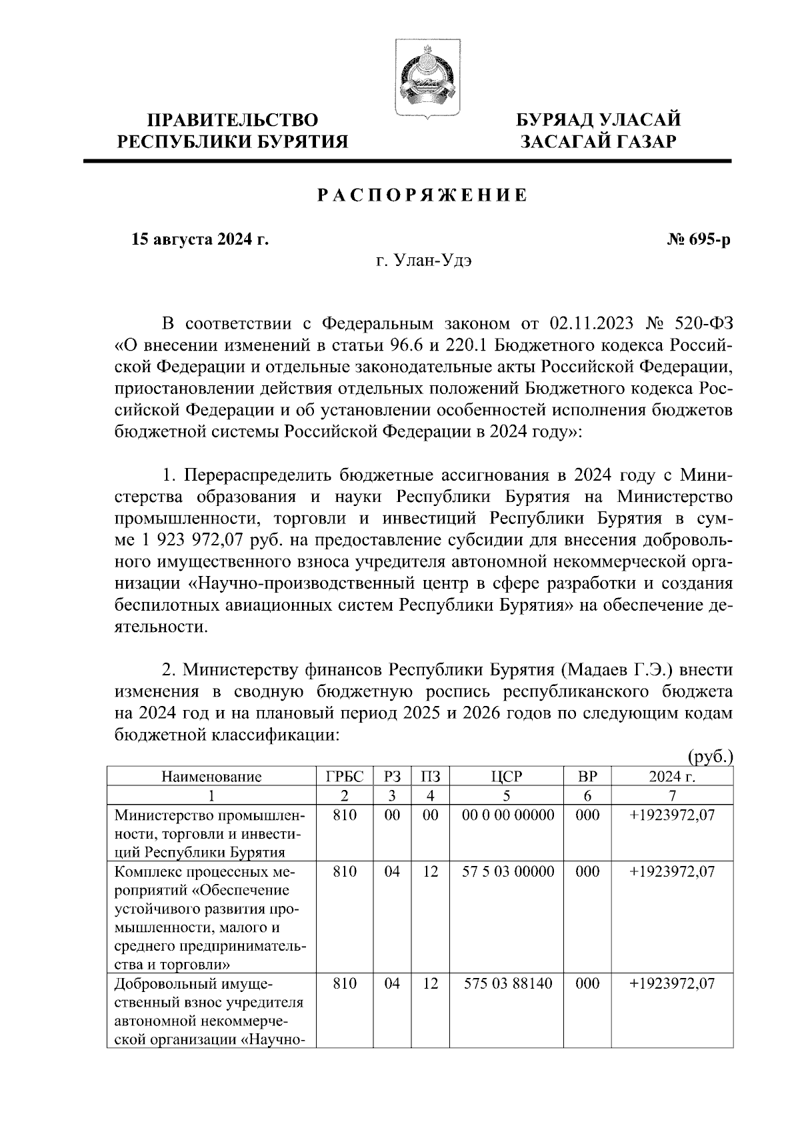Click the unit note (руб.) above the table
[710, 757]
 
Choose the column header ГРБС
[345, 776]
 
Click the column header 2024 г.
[672, 776]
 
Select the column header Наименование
[211, 776]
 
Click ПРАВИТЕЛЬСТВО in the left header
[232, 120]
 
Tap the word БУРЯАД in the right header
[555, 120]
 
